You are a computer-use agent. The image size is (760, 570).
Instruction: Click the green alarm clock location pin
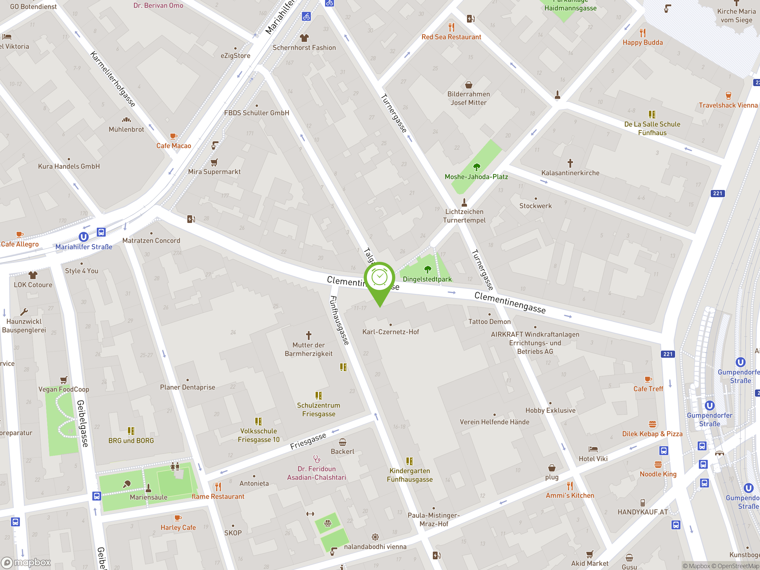(379, 278)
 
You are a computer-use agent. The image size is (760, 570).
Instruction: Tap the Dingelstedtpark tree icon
(427, 269)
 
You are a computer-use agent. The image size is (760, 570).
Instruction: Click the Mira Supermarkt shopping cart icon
(214, 162)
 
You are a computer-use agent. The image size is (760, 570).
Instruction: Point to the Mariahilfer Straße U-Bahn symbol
(83, 237)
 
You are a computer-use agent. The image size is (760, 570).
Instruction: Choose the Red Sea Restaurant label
(451, 37)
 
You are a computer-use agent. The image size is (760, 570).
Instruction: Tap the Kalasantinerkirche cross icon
(570, 163)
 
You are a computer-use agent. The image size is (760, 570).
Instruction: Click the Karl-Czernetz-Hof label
(391, 332)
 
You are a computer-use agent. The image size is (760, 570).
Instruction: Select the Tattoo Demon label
(489, 322)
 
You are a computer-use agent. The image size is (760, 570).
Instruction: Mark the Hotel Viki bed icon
(593, 449)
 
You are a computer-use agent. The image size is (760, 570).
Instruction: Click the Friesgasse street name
(308, 441)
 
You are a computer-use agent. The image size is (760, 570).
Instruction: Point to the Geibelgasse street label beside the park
(83, 423)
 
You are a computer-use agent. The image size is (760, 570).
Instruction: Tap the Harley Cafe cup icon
(178, 518)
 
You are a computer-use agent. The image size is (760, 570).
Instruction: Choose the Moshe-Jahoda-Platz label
(476, 177)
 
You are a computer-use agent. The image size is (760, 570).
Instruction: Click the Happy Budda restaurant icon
(642, 33)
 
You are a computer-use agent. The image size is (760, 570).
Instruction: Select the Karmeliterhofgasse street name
(113, 79)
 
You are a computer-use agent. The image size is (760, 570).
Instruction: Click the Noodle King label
(658, 474)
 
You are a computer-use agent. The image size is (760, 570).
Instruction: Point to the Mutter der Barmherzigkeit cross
(308, 335)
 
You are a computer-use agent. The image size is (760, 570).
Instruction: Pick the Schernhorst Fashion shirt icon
(304, 38)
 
